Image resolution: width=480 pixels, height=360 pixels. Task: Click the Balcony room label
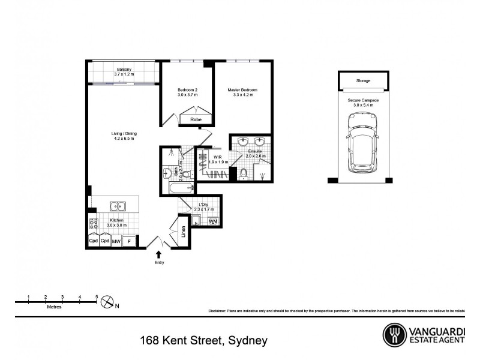coord(125,69)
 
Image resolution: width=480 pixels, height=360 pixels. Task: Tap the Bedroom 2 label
coord(187,90)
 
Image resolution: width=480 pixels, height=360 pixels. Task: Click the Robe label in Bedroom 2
coord(196,120)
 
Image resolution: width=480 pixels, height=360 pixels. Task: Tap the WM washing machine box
coord(213,221)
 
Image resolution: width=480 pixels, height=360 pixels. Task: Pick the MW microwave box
coord(116,241)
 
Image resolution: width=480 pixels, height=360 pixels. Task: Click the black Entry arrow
coord(159,254)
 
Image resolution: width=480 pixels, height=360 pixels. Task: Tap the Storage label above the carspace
coord(363,80)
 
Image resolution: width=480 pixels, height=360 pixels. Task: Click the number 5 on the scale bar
coord(97,297)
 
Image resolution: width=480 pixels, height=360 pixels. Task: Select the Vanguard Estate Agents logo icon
coord(394,334)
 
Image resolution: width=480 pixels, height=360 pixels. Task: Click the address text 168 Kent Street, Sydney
coord(203,340)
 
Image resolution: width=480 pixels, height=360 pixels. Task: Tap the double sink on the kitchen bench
coord(118,206)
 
